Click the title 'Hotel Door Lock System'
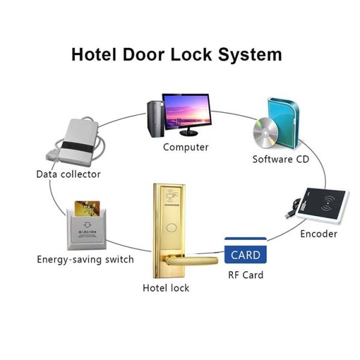point(176,54)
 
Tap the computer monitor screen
point(187,112)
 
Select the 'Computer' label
point(186,148)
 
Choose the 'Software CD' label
point(281,160)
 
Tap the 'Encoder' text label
point(319,234)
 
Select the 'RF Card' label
point(245,275)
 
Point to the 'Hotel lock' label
point(166,288)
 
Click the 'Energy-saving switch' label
point(85,260)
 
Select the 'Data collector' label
point(68,175)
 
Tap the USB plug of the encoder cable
point(289,214)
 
